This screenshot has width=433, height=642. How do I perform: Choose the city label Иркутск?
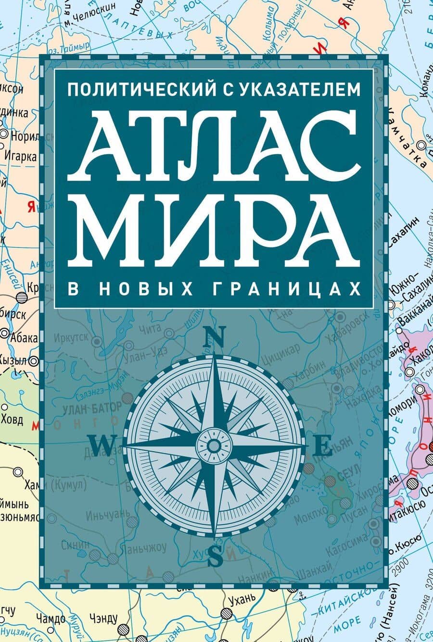71,337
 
